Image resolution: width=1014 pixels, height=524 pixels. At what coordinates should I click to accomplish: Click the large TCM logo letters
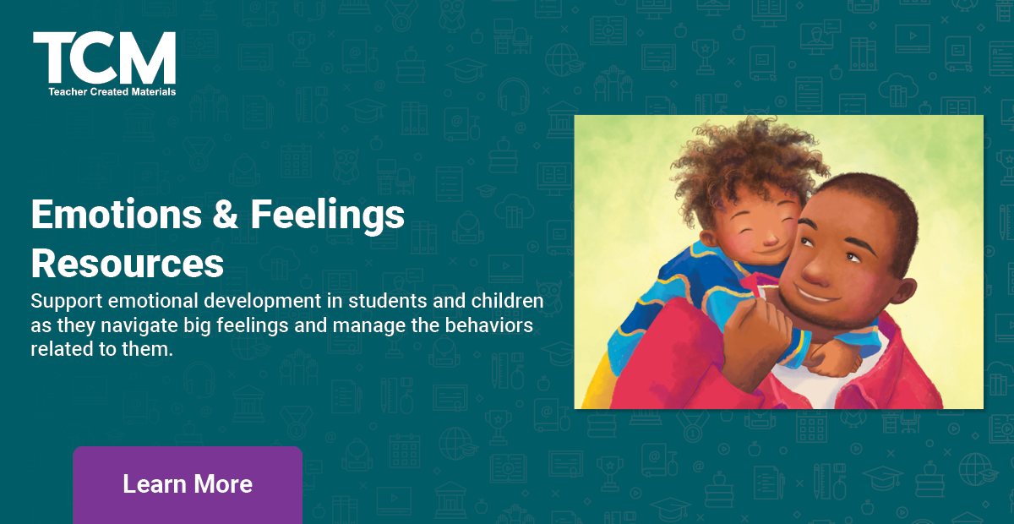104,58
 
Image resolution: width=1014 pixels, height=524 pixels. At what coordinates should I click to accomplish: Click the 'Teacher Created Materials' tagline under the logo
112,91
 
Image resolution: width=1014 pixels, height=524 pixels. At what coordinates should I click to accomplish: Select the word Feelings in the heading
327,216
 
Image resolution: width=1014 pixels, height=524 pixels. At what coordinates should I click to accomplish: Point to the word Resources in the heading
127,263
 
